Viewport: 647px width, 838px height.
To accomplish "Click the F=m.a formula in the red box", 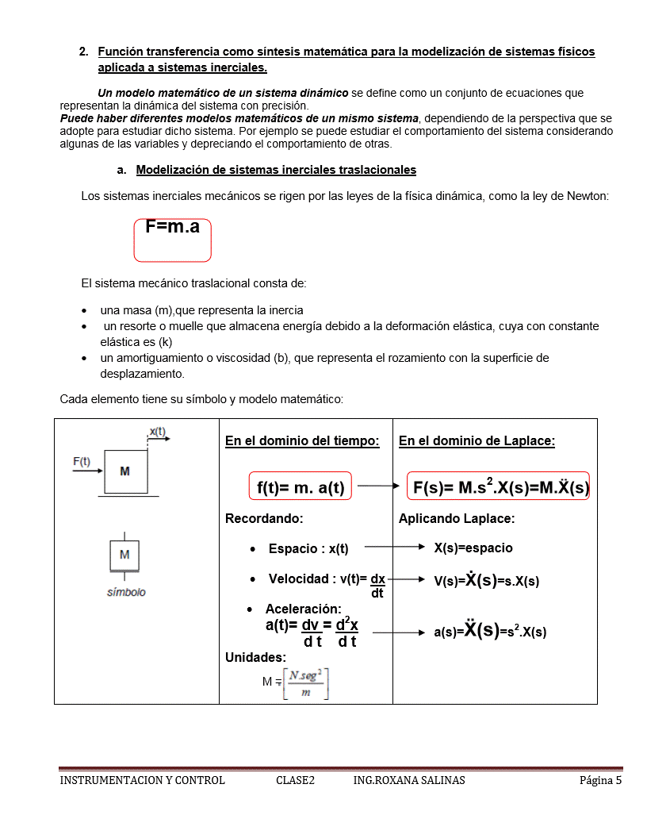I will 172,229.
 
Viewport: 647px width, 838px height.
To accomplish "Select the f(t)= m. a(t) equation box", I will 301,487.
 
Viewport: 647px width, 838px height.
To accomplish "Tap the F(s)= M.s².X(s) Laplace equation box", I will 500,486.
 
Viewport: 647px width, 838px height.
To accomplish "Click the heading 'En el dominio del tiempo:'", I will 302,441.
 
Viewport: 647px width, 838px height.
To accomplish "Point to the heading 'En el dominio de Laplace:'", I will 477,441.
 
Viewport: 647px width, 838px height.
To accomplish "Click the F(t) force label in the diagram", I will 82,461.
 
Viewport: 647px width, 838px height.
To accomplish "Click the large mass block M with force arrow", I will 124,472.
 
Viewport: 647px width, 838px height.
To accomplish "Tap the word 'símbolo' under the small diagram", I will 127,592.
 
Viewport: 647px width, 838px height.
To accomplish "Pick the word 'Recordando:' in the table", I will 264,519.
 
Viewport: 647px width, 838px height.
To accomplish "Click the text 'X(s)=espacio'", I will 473,548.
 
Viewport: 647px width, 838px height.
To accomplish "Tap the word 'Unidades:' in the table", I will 255,657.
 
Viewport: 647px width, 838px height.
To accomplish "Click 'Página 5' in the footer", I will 600,780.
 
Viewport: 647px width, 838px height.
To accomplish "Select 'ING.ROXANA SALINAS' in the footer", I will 409,780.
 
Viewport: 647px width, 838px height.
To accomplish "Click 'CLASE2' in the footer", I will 295,780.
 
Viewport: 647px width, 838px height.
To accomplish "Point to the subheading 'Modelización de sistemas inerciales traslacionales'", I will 276,170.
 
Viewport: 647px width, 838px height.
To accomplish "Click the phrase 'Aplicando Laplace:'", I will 457,519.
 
